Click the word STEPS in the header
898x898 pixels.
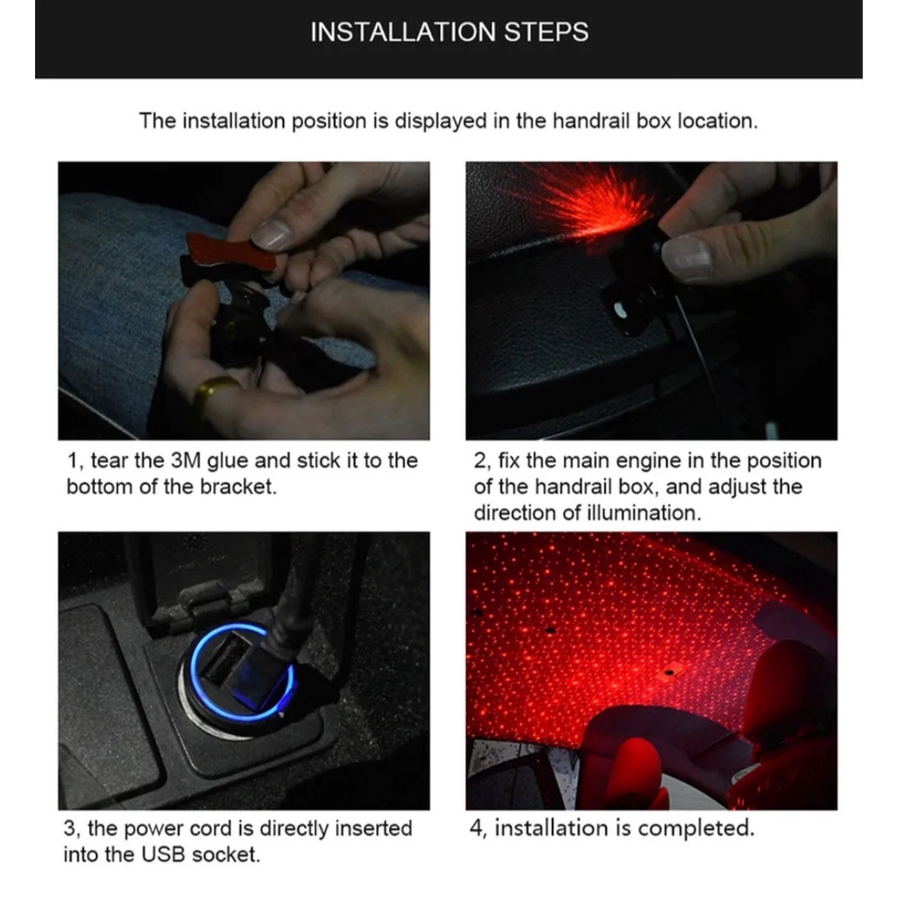(546, 32)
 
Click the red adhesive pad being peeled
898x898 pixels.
(232, 253)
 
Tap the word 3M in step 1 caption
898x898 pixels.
(186, 460)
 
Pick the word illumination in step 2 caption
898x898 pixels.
(644, 512)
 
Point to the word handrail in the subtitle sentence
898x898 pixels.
(592, 121)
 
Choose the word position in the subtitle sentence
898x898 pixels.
(330, 122)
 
